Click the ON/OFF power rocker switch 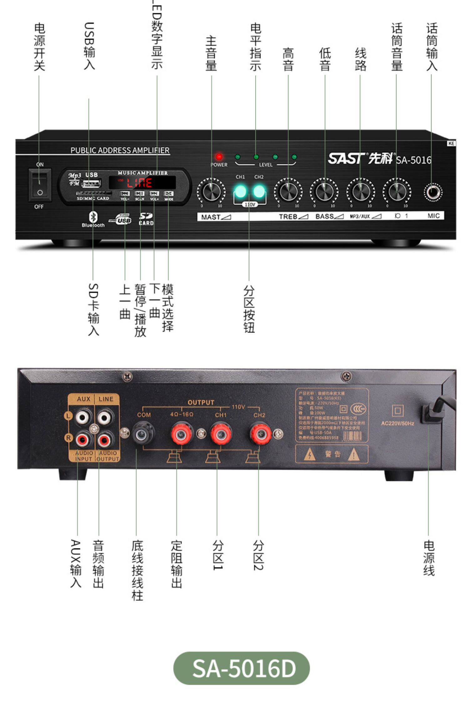[x=40, y=185]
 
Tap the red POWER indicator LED [x=219, y=157]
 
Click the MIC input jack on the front [x=433, y=192]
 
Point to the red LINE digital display [x=142, y=182]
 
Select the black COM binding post [x=144, y=433]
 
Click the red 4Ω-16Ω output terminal [x=181, y=433]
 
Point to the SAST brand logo [x=346, y=159]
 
